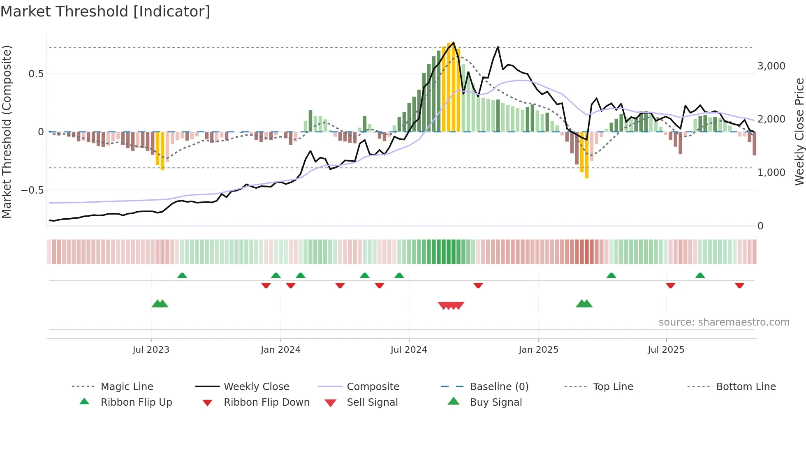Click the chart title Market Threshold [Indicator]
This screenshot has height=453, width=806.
click(105, 12)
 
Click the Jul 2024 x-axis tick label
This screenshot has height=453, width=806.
click(409, 350)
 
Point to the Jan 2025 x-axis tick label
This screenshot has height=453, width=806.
click(538, 350)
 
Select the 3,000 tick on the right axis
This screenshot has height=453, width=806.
click(771, 66)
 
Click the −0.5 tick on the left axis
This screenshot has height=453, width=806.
click(32, 190)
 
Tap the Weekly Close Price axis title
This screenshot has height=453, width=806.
click(799, 132)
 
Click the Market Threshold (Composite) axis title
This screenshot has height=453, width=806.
click(7, 132)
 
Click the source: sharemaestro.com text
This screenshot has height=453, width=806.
click(724, 322)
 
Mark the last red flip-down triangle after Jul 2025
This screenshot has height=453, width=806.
click(739, 285)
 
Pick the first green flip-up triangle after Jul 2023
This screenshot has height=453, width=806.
click(182, 275)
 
